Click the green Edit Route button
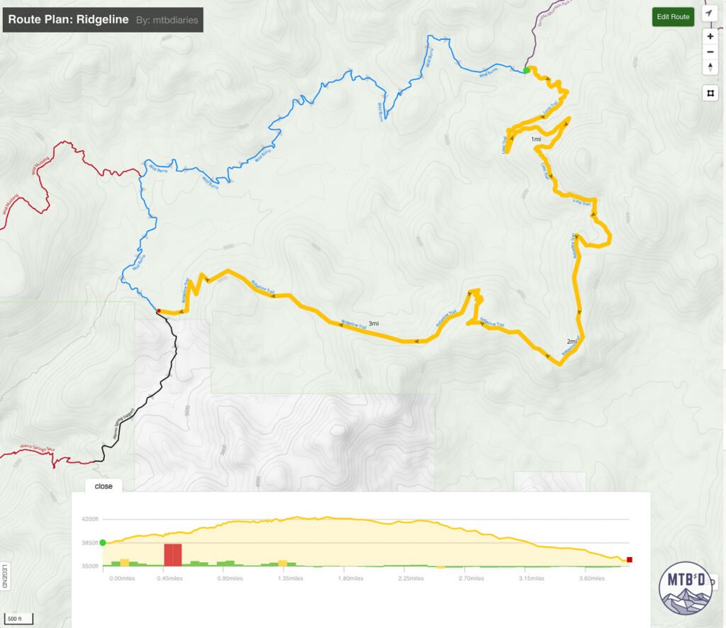[x=673, y=17]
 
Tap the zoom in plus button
[x=710, y=36]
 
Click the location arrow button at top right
[x=709, y=13]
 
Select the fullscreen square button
[x=710, y=93]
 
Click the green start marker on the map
[x=526, y=70]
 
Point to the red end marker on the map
[x=159, y=310]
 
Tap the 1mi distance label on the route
[x=536, y=140]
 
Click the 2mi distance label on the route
[x=572, y=342]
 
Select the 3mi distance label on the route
[x=373, y=323]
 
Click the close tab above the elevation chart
[x=104, y=486]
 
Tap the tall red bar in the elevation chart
[x=173, y=554]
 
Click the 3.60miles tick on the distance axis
[x=591, y=578]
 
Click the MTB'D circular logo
[x=685, y=588]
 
